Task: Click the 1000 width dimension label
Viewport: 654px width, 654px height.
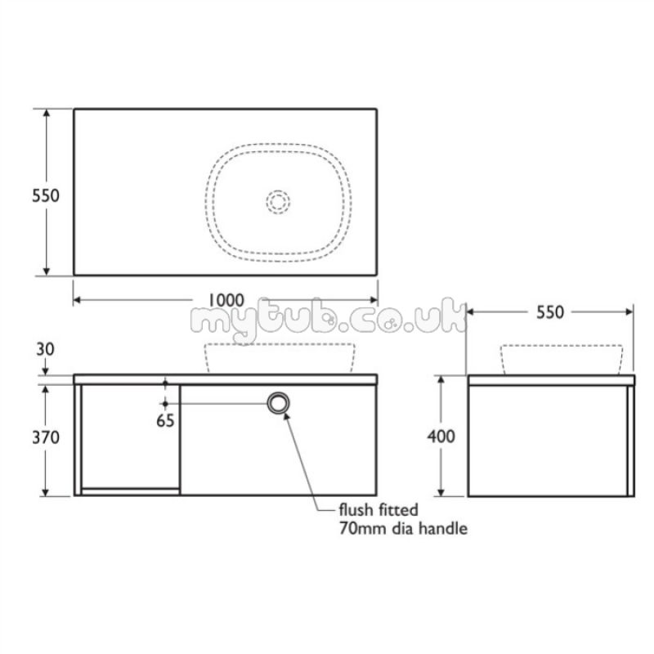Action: [x=226, y=300]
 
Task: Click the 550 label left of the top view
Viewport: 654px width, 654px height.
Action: [x=46, y=195]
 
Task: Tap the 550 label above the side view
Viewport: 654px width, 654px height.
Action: [x=549, y=312]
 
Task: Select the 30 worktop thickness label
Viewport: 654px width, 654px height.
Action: [x=45, y=349]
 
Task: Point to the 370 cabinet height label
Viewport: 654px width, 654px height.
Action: [x=46, y=437]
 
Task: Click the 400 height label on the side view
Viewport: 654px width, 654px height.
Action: [x=441, y=437]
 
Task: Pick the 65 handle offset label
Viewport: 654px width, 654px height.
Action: [x=165, y=420]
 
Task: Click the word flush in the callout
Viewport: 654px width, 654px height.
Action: [x=356, y=509]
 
